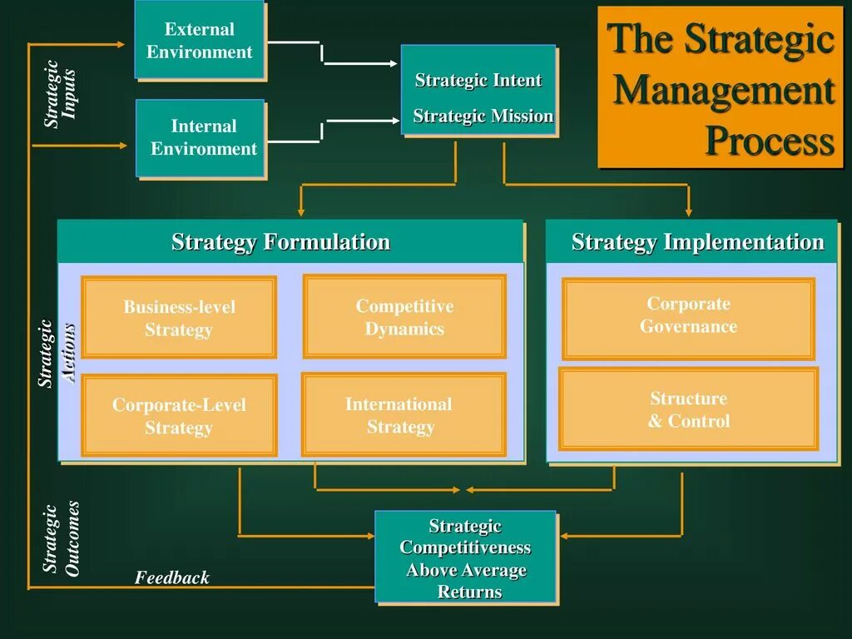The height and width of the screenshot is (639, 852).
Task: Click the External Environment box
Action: tap(200, 40)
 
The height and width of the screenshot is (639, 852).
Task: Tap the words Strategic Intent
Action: tap(478, 81)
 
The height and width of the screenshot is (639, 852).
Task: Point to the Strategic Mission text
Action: tap(483, 116)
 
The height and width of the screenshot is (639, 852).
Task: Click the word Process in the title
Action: tap(770, 141)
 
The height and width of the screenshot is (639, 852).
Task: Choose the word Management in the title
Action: tap(723, 91)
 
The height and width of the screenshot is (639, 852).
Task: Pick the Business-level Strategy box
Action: tap(179, 318)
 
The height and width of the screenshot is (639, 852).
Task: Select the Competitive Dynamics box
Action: tap(404, 317)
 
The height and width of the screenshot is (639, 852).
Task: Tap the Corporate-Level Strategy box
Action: tap(179, 416)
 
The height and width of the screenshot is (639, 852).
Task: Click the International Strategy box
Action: tap(404, 415)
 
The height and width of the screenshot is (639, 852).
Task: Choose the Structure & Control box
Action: tap(688, 409)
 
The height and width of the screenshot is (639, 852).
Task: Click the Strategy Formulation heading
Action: tap(280, 242)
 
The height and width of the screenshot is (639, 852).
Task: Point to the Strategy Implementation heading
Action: tap(697, 242)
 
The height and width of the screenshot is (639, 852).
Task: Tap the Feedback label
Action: tap(172, 577)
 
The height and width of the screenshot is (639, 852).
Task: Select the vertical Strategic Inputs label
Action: tap(61, 93)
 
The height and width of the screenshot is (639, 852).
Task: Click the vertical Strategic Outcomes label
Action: tap(62, 539)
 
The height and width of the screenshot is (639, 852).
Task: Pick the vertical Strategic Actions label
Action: tap(58, 354)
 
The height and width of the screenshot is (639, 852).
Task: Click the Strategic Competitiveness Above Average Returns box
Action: tap(465, 558)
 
